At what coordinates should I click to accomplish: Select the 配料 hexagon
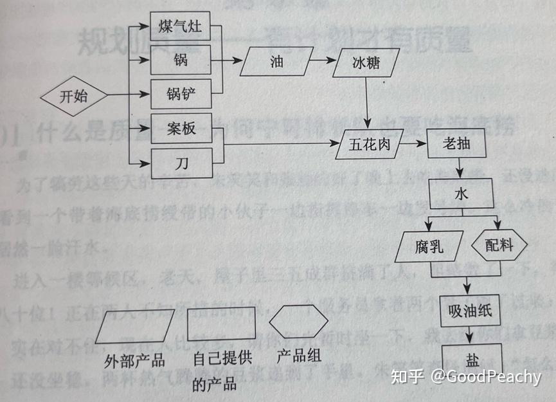point(499,246)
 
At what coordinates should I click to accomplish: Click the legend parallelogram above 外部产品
point(134,329)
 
